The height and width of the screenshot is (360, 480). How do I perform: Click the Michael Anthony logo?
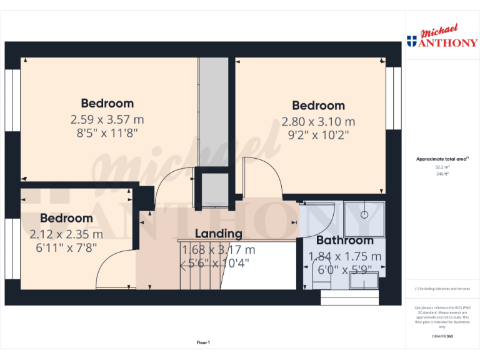[x=442, y=38]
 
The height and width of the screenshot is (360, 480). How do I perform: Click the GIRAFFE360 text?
[x=442, y=337]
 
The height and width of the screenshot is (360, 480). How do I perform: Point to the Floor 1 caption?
[x=203, y=342]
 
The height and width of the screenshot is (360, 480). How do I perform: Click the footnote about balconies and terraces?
[x=442, y=289]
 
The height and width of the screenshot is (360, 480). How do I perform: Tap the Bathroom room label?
[x=344, y=241]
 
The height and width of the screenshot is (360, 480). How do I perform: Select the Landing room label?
[x=218, y=234]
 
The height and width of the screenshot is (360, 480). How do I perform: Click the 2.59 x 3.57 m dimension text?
[x=107, y=119]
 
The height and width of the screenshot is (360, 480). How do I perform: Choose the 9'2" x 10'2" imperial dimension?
[x=318, y=134]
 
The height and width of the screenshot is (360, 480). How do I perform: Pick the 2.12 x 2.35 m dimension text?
[x=66, y=234]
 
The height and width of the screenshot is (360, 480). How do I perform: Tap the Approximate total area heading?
[x=442, y=159]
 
